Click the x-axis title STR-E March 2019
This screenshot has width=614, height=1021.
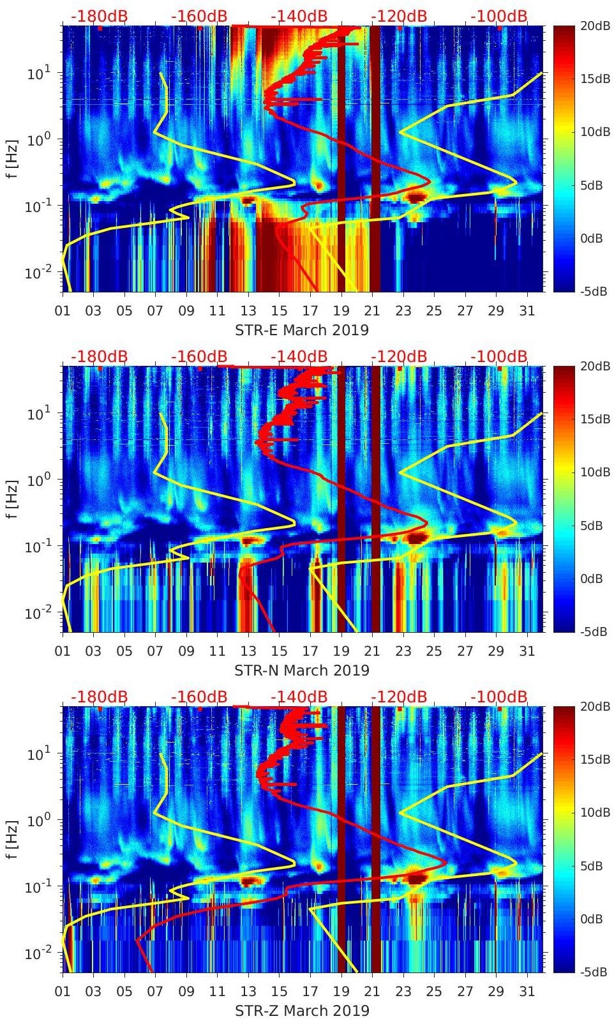pos(302,330)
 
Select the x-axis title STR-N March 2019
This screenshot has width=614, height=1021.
pos(302,670)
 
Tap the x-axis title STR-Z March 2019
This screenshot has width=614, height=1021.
pos(302,1011)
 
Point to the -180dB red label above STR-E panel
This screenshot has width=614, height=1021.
pos(99,16)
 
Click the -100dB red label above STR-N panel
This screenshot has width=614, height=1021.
pos(499,356)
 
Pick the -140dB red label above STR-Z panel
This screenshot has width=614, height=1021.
pos(299,697)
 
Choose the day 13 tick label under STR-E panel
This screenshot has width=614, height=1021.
pos(248,311)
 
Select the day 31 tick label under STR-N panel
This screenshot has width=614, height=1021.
pos(527,651)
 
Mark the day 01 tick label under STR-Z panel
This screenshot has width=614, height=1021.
pos(63,992)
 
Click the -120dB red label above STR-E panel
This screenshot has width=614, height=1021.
pos(399,16)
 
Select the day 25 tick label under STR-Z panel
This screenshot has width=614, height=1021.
pos(434,992)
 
